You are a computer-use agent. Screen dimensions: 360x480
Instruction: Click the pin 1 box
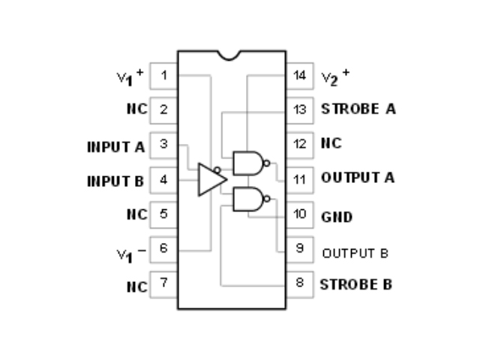163,75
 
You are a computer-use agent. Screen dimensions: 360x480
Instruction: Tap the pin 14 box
300,75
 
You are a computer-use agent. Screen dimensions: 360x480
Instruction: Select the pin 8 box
300,284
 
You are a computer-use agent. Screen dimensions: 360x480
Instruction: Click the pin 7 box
163,284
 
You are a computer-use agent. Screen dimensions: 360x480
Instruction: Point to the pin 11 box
300,179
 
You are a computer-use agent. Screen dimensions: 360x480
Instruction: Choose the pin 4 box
163,180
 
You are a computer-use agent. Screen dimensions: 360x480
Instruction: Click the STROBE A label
358,109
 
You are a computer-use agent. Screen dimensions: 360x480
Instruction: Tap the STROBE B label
355,284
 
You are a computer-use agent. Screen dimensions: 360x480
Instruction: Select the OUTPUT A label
358,178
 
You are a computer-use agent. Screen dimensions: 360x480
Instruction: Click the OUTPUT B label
355,253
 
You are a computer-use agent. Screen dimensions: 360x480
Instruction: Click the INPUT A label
115,147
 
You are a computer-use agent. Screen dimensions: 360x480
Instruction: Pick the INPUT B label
115,181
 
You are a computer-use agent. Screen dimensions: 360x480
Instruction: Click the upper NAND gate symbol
248,162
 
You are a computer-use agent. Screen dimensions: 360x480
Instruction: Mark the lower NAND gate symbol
248,199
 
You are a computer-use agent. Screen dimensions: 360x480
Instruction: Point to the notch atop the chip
231,55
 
